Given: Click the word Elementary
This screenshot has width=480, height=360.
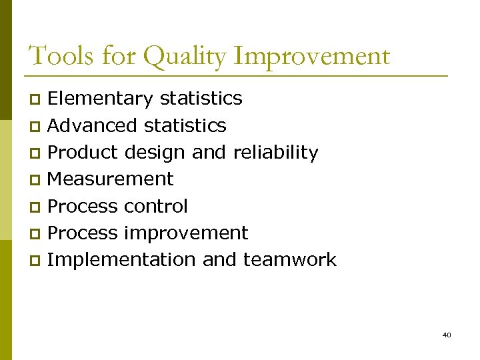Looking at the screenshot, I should (x=101, y=99).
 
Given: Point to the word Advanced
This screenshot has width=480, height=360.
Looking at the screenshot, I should (x=94, y=125).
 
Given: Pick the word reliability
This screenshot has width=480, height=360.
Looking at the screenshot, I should (x=275, y=153).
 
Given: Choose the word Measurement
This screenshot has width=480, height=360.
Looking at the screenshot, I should (x=111, y=179).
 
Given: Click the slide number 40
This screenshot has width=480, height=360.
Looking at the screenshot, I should (x=447, y=335).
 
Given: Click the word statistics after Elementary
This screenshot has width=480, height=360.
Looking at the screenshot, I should (x=201, y=99).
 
